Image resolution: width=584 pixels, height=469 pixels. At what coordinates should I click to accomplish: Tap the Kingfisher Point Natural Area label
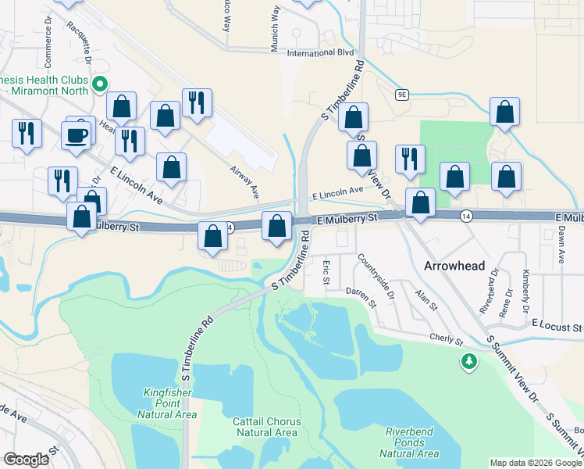[x=169, y=403]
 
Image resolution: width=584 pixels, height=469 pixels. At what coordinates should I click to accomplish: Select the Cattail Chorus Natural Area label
[x=266, y=427]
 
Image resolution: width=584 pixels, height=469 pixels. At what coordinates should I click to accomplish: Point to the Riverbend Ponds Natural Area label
[x=411, y=442]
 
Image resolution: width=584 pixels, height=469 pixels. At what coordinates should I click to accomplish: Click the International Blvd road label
[x=320, y=54]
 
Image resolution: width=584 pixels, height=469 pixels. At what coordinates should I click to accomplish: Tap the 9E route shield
[x=401, y=95]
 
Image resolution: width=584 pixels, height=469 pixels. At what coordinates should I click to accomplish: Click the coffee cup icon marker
[x=77, y=135]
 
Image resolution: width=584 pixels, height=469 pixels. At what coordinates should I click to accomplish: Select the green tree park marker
[x=468, y=362]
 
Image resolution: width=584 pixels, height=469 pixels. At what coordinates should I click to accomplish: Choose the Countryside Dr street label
[x=376, y=279]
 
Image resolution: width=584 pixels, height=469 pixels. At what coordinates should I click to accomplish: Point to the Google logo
[x=27, y=459]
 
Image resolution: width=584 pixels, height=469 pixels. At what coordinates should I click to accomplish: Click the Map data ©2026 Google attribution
[x=536, y=463]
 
